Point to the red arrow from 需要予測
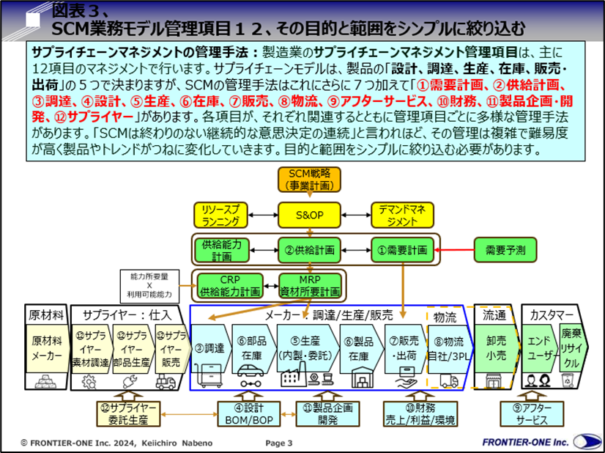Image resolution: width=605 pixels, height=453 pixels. (x=454, y=250)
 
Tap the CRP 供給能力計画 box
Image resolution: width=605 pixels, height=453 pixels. (x=229, y=285)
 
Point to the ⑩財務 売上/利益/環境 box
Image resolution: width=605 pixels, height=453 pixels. (x=420, y=413)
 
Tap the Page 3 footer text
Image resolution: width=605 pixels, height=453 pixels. (x=278, y=443)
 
